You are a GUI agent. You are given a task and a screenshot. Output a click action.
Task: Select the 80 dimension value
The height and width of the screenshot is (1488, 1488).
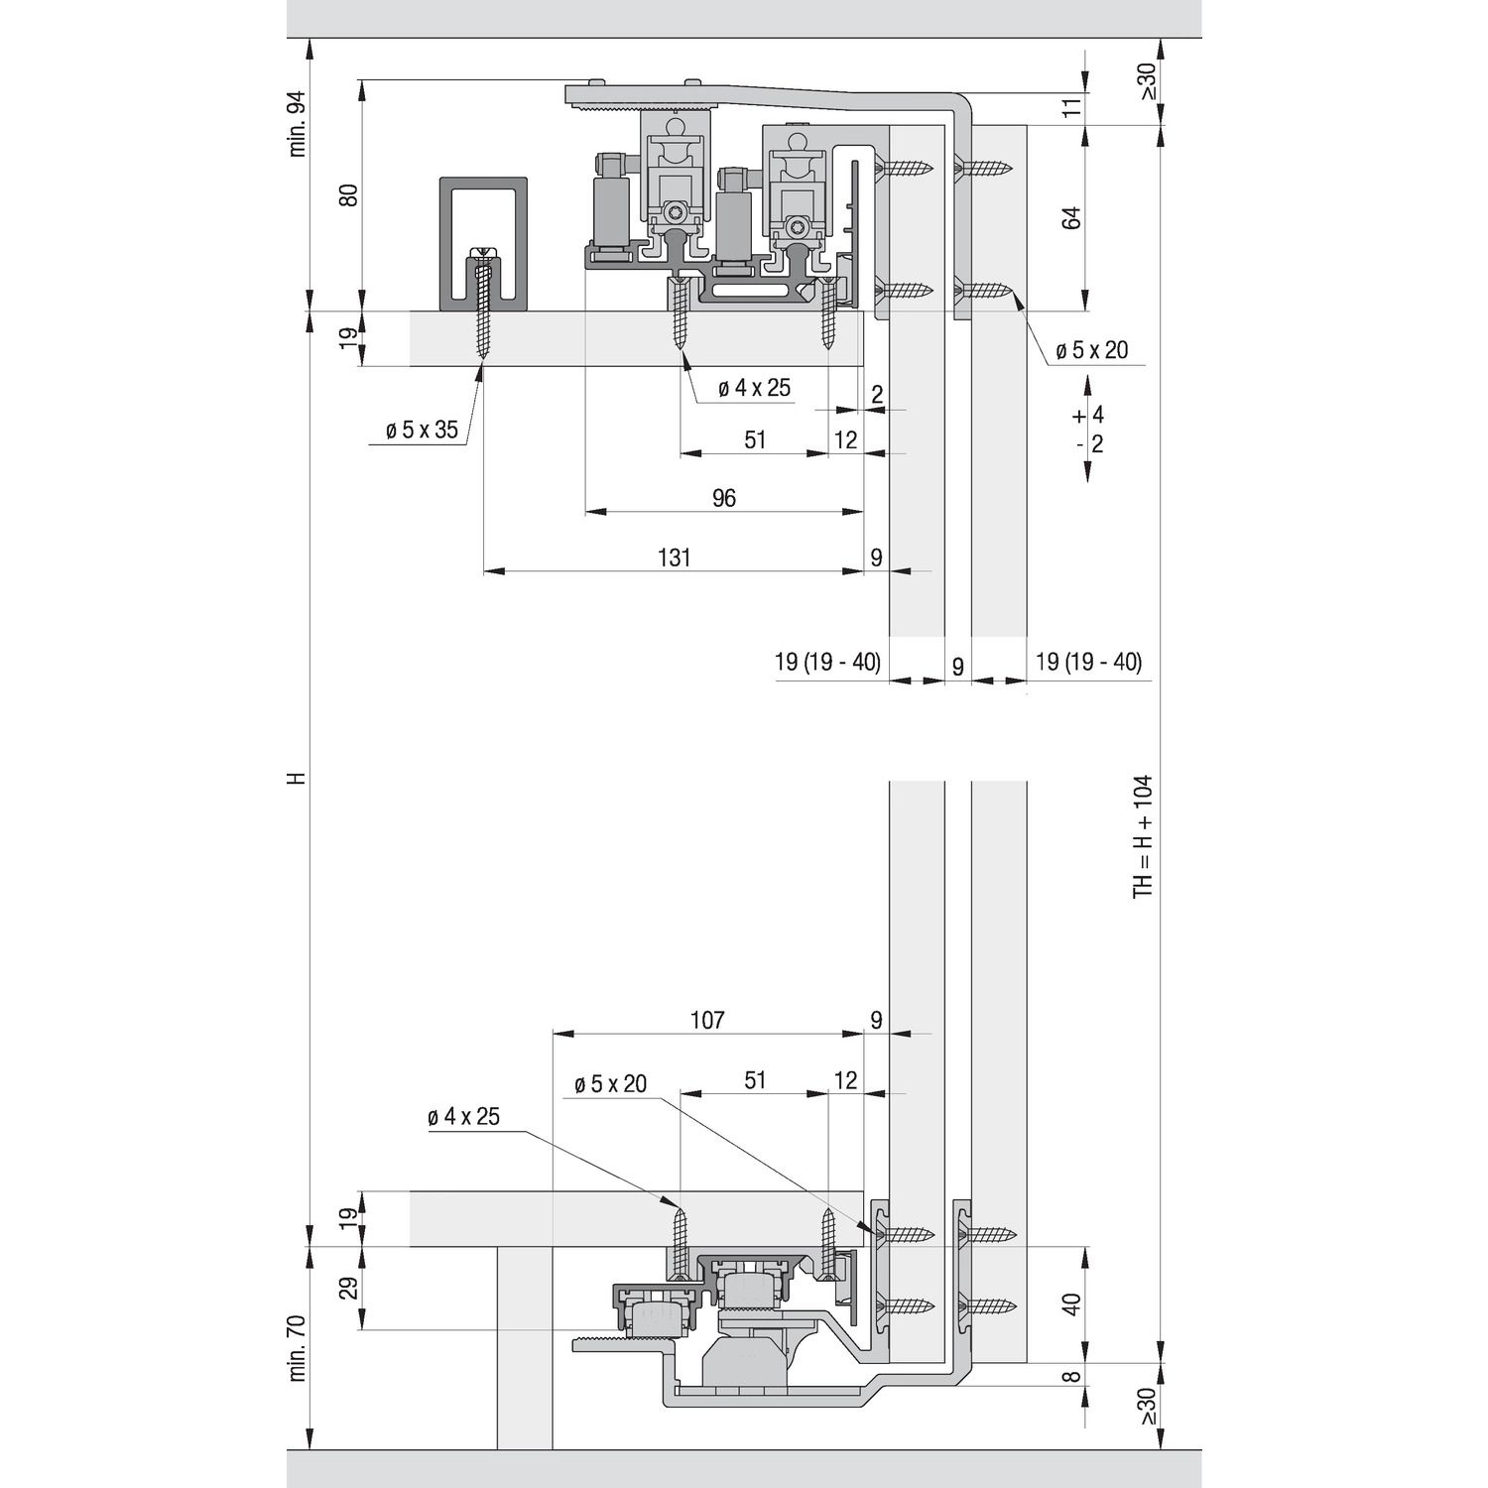coord(348,195)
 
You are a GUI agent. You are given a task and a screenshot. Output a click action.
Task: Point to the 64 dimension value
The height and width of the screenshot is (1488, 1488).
coord(1071,218)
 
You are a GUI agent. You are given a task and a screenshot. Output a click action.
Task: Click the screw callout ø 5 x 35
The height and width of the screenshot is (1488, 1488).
coord(423,430)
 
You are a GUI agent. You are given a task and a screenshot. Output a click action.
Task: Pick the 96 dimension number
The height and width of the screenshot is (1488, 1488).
coord(724,497)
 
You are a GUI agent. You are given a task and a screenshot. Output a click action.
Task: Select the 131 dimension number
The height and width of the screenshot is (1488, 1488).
coord(675,557)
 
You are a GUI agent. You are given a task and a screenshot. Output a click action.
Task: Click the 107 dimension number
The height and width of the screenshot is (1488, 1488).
coord(707,1019)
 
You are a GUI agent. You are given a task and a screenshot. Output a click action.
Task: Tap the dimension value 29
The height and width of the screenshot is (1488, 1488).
coord(348,1288)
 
